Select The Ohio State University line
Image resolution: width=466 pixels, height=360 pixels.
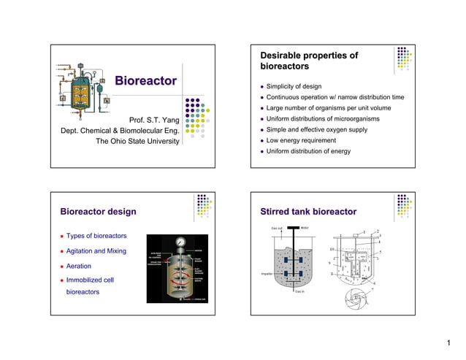tap(138, 142)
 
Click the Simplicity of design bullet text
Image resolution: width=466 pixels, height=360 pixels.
tap(293, 86)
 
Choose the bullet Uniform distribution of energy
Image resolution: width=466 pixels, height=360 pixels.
tap(308, 151)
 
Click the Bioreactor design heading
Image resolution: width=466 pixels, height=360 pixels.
tap(98, 212)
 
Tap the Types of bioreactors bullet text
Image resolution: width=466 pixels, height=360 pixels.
tap(96, 236)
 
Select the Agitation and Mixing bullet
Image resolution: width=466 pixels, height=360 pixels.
tap(96, 251)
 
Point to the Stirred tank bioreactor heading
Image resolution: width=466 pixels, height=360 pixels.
tap(308, 212)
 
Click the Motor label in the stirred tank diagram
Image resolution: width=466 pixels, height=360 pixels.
tap(305, 229)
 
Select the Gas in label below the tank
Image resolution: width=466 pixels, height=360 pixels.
tap(299, 291)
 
